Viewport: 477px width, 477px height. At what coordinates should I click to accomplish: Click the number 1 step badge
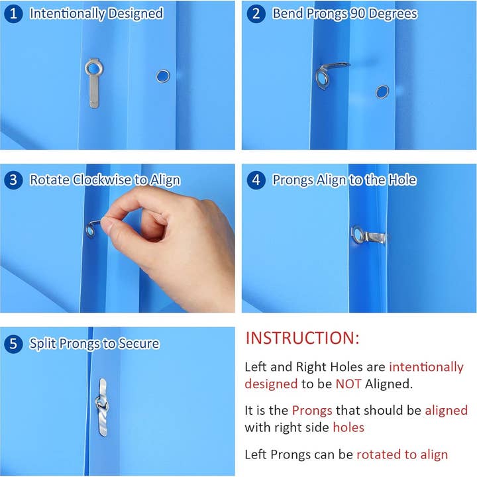click(13, 14)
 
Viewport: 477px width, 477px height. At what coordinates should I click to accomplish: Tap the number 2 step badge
click(256, 14)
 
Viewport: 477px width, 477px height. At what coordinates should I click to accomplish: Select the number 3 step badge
click(13, 180)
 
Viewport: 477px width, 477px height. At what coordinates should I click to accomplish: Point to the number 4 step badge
click(256, 180)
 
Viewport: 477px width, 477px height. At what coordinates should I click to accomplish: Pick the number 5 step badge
click(13, 344)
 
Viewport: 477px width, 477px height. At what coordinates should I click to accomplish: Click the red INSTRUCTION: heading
click(302, 338)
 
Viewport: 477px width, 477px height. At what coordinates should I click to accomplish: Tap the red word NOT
click(348, 384)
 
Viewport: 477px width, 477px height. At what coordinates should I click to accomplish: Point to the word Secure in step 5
click(138, 343)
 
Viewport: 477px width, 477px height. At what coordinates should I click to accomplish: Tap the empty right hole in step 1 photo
click(163, 76)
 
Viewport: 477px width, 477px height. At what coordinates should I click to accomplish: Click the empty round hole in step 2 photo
click(382, 92)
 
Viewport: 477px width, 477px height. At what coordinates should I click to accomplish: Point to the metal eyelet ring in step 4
click(358, 235)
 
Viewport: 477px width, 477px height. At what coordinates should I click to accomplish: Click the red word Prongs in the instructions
click(312, 411)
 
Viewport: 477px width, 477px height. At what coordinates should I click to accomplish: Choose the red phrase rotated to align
click(402, 454)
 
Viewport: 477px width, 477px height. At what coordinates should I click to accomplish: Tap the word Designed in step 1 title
click(136, 14)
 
